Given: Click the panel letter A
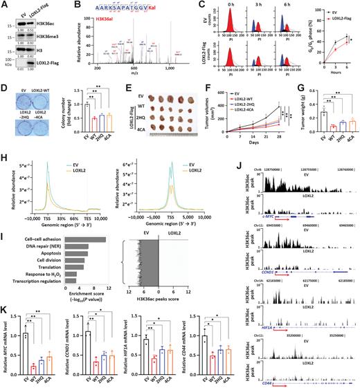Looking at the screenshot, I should (4, 5).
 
